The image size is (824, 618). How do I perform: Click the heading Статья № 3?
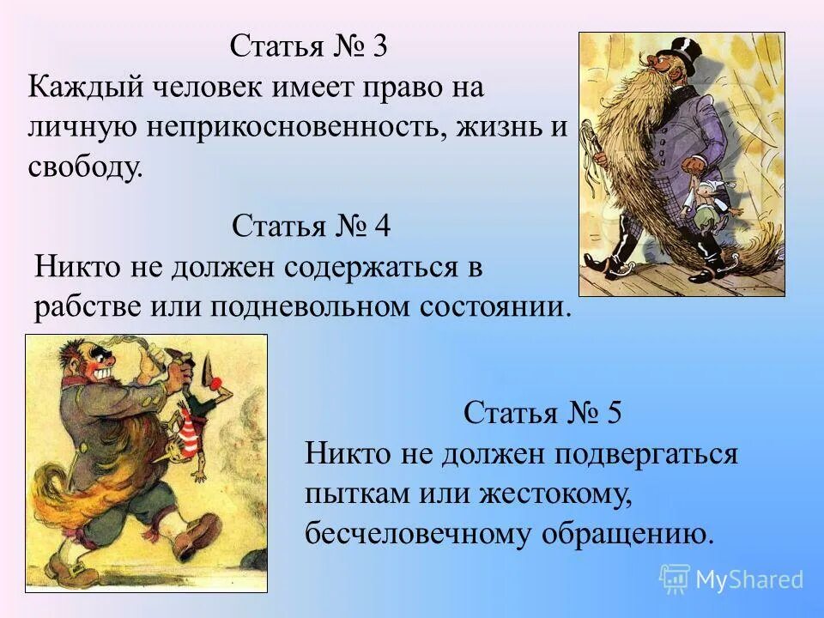pos(308,46)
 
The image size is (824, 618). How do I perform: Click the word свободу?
pos(84,167)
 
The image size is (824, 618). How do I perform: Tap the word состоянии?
pos(490,307)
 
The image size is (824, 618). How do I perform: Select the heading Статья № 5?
pos(542,414)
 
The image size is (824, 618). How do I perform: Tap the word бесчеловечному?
pos(418,534)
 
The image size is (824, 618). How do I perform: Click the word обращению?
pos(627,534)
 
